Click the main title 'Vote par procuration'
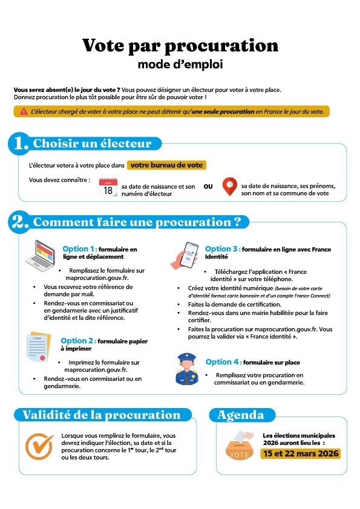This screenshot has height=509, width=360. tap(180, 45)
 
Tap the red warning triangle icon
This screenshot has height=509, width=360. tap(24, 111)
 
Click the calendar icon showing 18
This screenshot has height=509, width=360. tap(108, 187)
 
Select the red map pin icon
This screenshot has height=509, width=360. tap(229, 187)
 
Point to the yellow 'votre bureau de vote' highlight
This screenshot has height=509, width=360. tap(167, 164)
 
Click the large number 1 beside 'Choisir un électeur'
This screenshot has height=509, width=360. tap(21, 144)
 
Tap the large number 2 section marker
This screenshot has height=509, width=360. tap(21, 222)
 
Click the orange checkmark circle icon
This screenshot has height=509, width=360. tap(40, 445)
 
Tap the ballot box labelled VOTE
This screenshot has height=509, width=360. tap(238, 446)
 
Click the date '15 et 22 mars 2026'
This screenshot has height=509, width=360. tap(301, 453)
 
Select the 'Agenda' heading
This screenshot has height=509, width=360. tap(241, 415)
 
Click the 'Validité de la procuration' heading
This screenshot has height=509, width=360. tap(101, 415)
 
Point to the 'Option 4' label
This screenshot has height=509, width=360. tap(223, 362)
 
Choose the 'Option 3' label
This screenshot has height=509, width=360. tap(222, 249)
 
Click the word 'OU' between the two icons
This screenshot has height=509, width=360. tap(208, 186)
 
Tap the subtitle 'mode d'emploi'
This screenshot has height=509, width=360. tap(180, 63)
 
